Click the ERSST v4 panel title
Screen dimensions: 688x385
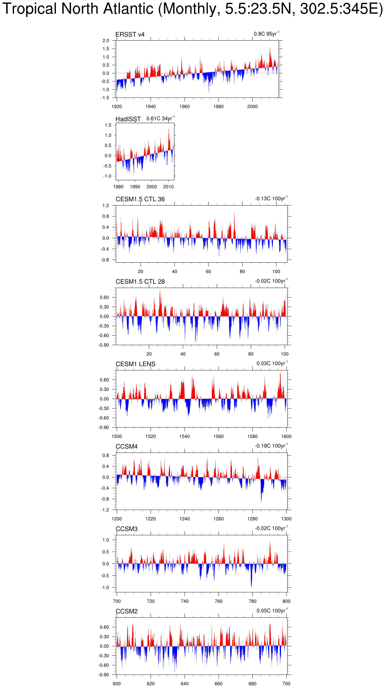[130, 34]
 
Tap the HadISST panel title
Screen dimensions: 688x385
[128, 119]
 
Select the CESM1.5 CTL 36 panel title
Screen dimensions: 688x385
[140, 199]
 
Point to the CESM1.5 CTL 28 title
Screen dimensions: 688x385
[140, 282]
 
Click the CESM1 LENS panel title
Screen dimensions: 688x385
[135, 364]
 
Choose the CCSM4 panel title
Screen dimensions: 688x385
[126, 446]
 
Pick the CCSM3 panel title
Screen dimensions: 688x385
[126, 529]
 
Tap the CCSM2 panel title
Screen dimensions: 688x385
[126, 611]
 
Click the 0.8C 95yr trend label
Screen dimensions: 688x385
[266, 34]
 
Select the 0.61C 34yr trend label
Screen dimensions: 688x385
[160, 118]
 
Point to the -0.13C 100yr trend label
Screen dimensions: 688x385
[271, 198]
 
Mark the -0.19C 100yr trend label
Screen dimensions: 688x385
[271, 446]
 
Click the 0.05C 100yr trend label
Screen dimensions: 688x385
[272, 610]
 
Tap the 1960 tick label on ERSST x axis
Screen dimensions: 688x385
[184, 106]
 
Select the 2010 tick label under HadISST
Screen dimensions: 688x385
[168, 187]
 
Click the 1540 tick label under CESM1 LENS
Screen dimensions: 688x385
[184, 436]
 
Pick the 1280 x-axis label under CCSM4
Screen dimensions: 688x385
[252, 518]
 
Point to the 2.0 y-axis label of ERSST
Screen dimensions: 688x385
[106, 41]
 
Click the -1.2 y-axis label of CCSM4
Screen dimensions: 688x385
[105, 510]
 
